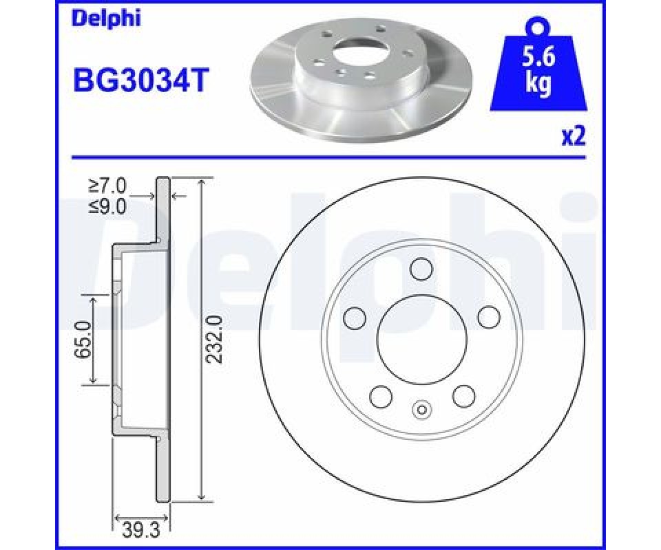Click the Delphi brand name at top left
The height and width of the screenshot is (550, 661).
pyautogui.click(x=107, y=20)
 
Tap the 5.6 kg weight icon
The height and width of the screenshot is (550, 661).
pyautogui.click(x=538, y=65)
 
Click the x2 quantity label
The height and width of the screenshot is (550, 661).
pyautogui.click(x=574, y=137)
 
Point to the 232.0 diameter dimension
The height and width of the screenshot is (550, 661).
pyautogui.click(x=214, y=340)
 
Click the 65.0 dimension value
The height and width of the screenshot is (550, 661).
pyautogui.click(x=83, y=339)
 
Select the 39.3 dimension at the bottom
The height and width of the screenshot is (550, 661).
pyautogui.click(x=140, y=532)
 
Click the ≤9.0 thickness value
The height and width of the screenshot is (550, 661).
pyautogui.click(x=107, y=207)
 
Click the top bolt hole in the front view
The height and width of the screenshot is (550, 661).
pyautogui.click(x=422, y=269)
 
